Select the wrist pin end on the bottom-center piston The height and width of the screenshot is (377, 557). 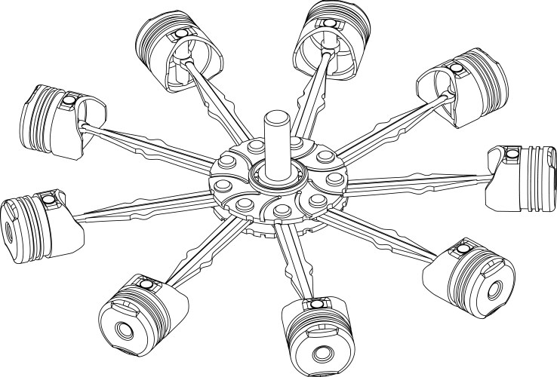pos(312,305)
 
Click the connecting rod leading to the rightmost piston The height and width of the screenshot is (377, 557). pos(423,181)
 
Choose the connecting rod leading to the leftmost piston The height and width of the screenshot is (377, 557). pos(143,204)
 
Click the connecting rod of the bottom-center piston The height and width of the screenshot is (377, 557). pos(294,264)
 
